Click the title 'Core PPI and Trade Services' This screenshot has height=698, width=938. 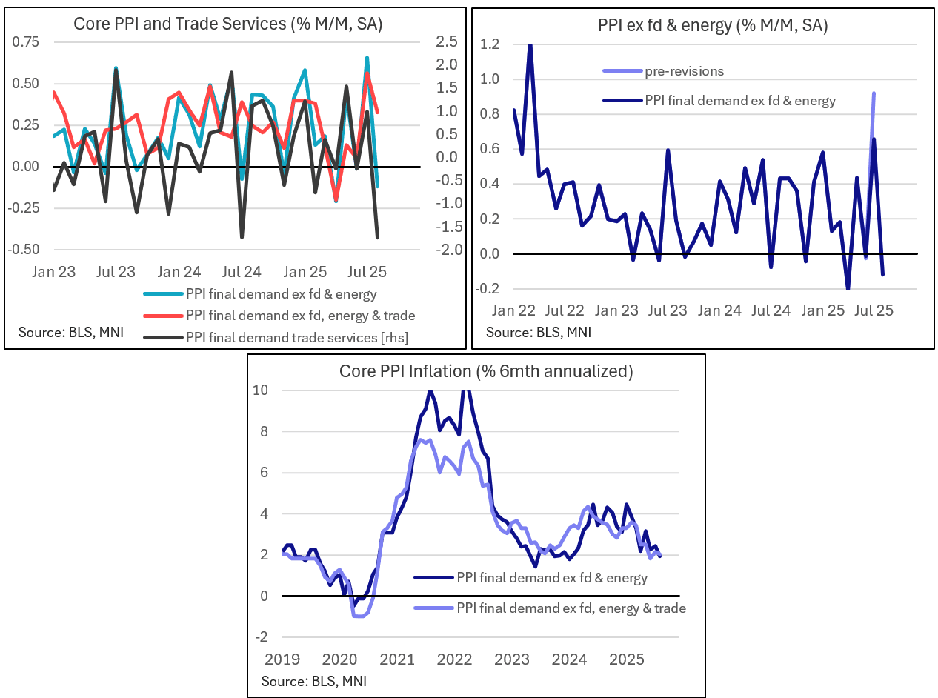point(227,24)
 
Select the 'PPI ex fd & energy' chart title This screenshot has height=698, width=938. point(712,26)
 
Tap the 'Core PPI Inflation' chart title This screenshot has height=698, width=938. point(485,371)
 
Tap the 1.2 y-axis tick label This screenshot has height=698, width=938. point(490,44)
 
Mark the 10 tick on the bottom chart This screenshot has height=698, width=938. point(269,390)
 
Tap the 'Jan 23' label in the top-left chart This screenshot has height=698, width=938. point(54,272)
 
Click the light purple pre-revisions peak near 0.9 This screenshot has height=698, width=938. point(874,93)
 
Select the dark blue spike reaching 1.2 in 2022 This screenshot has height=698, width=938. point(530,46)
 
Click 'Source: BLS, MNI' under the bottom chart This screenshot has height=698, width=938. point(314,680)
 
